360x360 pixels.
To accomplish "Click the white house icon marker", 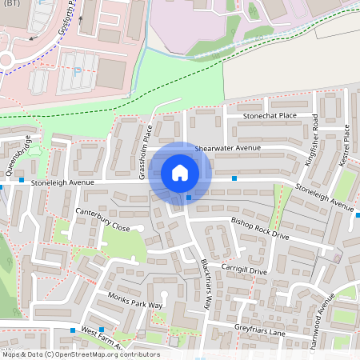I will point(180,172).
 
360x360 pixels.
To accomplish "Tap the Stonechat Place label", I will point(270,116).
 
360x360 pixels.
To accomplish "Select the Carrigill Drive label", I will point(245,271).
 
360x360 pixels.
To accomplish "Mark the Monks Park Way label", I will point(135,302).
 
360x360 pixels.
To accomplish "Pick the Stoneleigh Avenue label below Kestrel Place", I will point(324,198).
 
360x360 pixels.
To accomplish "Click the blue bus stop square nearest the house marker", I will point(189,198).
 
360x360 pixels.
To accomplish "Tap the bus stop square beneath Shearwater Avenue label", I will point(234,178).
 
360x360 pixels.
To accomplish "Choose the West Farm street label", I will point(99,337).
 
